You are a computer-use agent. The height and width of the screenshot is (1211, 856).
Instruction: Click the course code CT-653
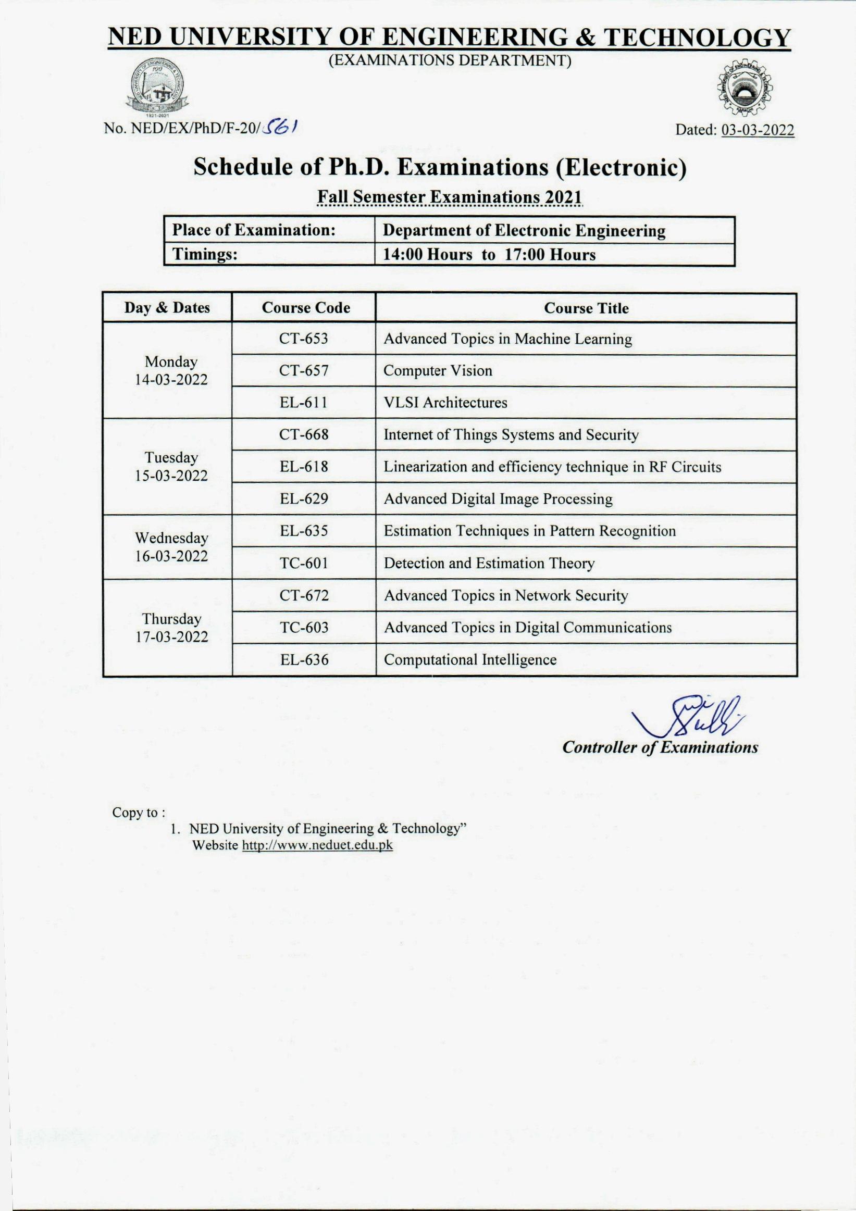tap(303, 339)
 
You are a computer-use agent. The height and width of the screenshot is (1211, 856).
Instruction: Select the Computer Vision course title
tap(438, 371)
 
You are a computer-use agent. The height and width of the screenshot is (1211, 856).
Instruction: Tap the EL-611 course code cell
tap(303, 403)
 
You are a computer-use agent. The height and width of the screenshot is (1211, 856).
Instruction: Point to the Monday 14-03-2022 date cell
tap(171, 370)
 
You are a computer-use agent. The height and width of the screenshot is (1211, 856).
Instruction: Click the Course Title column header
tap(586, 308)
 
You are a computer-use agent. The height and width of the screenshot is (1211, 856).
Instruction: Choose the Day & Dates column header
tap(167, 307)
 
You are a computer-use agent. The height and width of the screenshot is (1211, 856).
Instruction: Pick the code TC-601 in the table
tap(304, 563)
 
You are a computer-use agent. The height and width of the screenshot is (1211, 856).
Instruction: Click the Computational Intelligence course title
tap(470, 660)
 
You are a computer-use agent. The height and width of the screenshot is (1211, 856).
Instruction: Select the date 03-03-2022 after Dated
tap(758, 130)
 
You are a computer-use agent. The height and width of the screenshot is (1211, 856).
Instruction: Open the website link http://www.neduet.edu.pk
tap(317, 845)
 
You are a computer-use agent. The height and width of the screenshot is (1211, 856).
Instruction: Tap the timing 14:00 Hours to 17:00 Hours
tap(489, 255)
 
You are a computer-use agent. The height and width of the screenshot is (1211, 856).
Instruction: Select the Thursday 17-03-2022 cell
tap(171, 628)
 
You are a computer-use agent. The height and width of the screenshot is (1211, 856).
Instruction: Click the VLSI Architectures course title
tap(445, 403)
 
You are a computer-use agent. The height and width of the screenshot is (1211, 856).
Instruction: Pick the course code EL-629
tap(304, 499)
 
